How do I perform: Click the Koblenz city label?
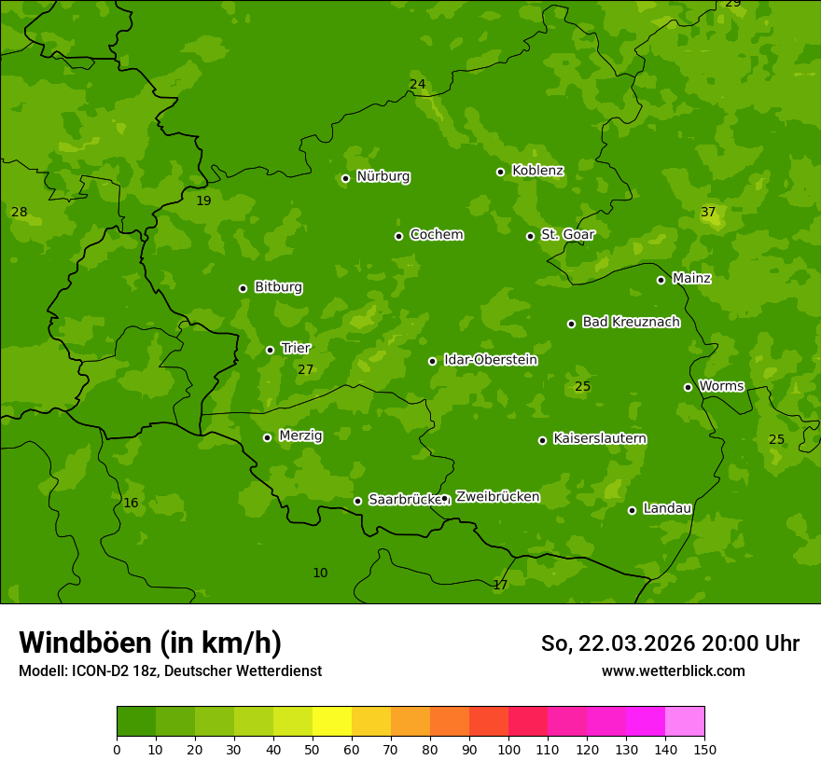(537, 171)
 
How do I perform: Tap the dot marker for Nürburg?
(345, 178)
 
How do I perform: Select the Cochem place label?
(436, 235)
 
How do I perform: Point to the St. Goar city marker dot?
(530, 236)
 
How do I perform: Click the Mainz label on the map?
(691, 279)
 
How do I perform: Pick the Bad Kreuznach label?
(631, 323)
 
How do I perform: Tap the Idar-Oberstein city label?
(490, 360)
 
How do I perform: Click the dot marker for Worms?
(688, 387)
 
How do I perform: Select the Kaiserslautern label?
(599, 439)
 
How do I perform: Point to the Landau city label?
(667, 509)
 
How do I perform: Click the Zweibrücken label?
(497, 497)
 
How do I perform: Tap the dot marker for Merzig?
(267, 437)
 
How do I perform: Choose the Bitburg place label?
(278, 287)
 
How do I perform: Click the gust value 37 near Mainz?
(708, 213)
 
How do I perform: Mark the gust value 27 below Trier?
(305, 370)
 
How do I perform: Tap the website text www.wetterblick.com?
(673, 670)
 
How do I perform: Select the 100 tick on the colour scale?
(508, 749)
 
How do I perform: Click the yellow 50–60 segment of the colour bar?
(332, 722)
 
